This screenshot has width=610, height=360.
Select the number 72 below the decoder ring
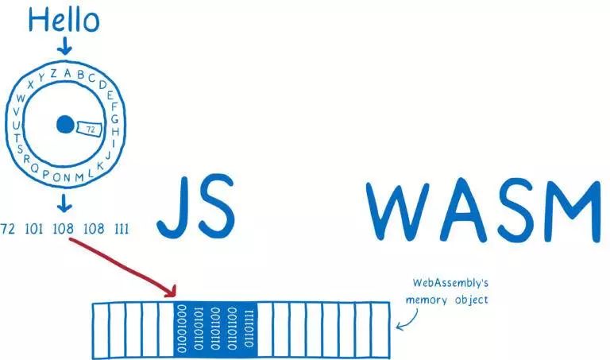9,230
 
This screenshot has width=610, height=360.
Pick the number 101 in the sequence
33,230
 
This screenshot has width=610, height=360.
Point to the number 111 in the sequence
121,230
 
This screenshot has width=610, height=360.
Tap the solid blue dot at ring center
65,125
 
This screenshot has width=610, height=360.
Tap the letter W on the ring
21,98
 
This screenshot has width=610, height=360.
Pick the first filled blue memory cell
184,327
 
